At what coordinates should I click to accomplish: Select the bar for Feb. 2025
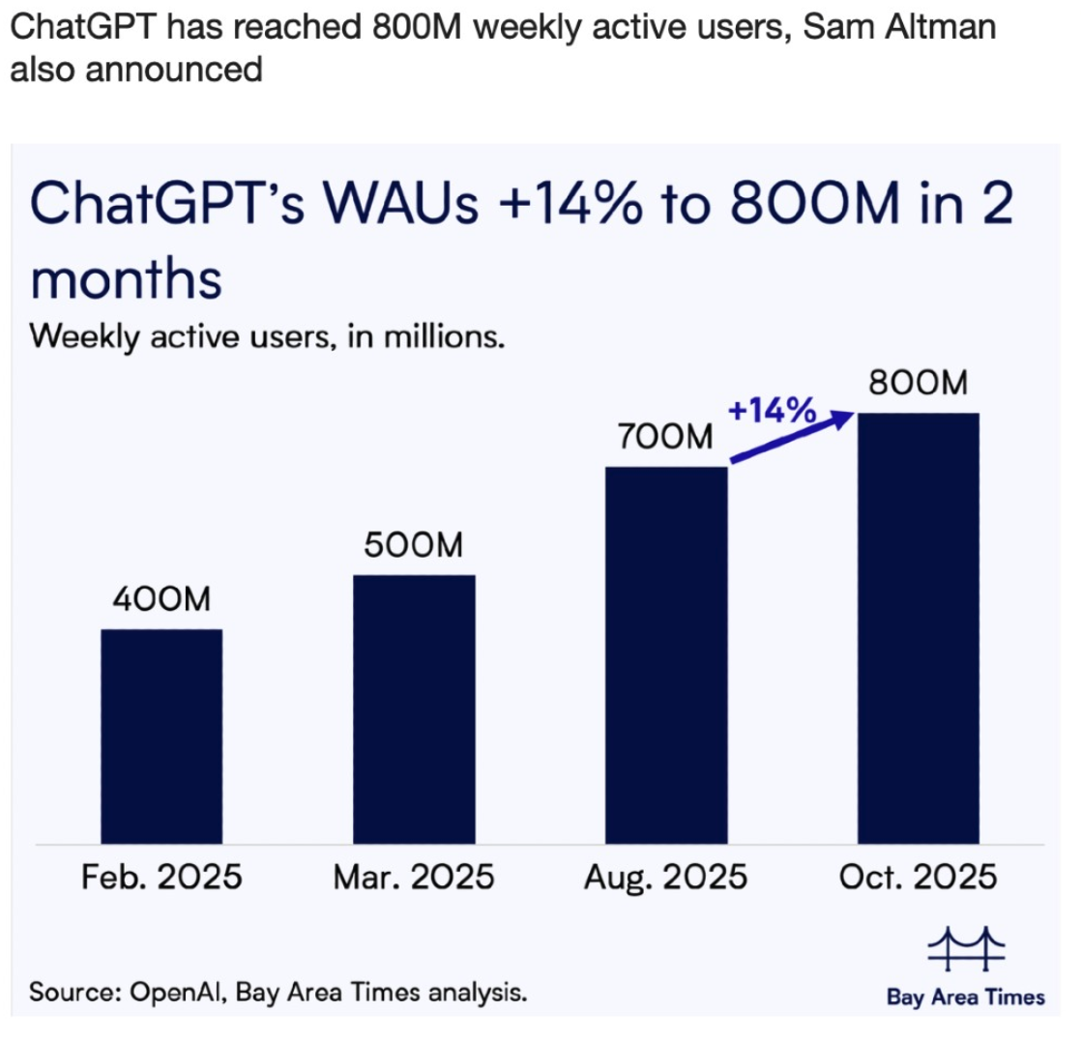pos(161,736)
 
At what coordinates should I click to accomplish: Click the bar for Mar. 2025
pos(414,708)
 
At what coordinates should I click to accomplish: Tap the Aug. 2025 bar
pos(666,654)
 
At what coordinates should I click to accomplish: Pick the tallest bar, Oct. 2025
pos(919,627)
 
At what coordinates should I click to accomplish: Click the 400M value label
pos(161,600)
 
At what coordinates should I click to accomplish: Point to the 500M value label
pos(414,546)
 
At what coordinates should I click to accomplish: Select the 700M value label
pos(665,438)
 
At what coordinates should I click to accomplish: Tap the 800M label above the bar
pos(919,384)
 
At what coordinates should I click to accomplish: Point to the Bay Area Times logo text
pos(966,997)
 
